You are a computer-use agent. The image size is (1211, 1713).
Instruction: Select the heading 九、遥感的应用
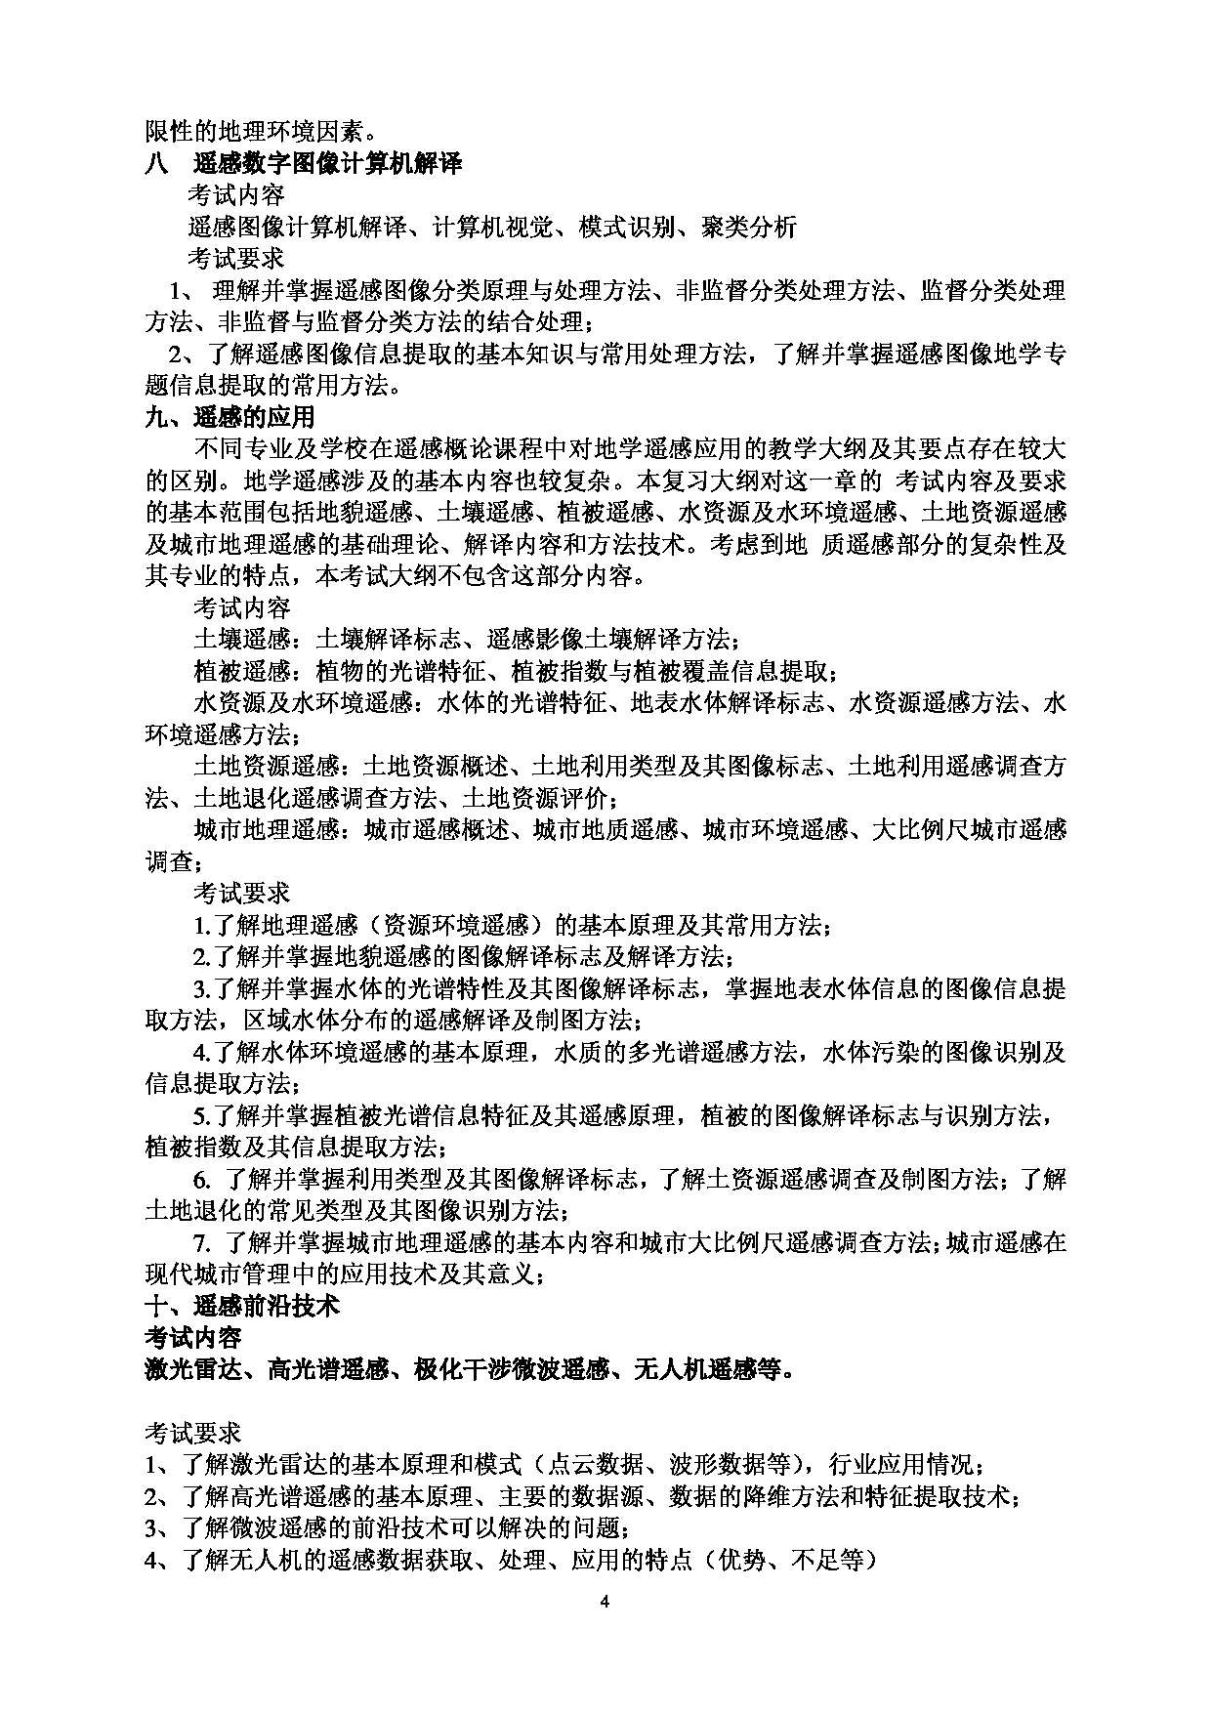230,417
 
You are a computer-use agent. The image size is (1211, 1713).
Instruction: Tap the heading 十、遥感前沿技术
241,1305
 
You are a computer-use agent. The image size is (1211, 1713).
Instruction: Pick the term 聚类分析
749,228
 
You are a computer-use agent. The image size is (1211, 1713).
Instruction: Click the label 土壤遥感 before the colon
242,640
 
